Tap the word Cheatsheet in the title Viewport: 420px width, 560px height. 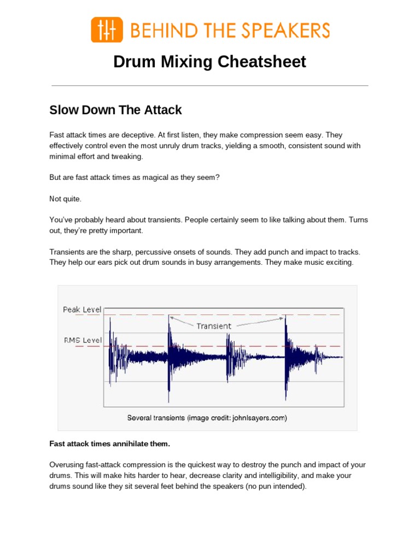(261, 62)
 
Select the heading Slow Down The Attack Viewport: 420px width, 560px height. (115, 110)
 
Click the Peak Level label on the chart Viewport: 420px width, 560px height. (82, 310)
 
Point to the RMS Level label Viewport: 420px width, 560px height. (83, 340)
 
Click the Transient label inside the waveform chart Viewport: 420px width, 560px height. (214, 326)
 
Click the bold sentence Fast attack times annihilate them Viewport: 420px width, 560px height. (113, 443)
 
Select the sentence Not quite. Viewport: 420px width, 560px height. (65, 199)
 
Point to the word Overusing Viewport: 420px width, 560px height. (67, 465)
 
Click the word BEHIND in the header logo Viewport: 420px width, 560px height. (154, 30)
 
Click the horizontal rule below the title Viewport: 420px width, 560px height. (209, 86)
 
